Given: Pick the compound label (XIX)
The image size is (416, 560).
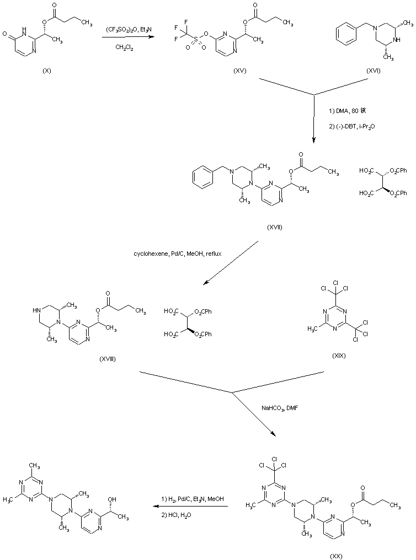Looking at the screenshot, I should tap(339, 356).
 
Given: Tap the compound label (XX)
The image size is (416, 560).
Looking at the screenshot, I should tap(336, 556).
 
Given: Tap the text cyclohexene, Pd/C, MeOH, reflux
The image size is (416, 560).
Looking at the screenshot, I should tap(168, 255).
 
